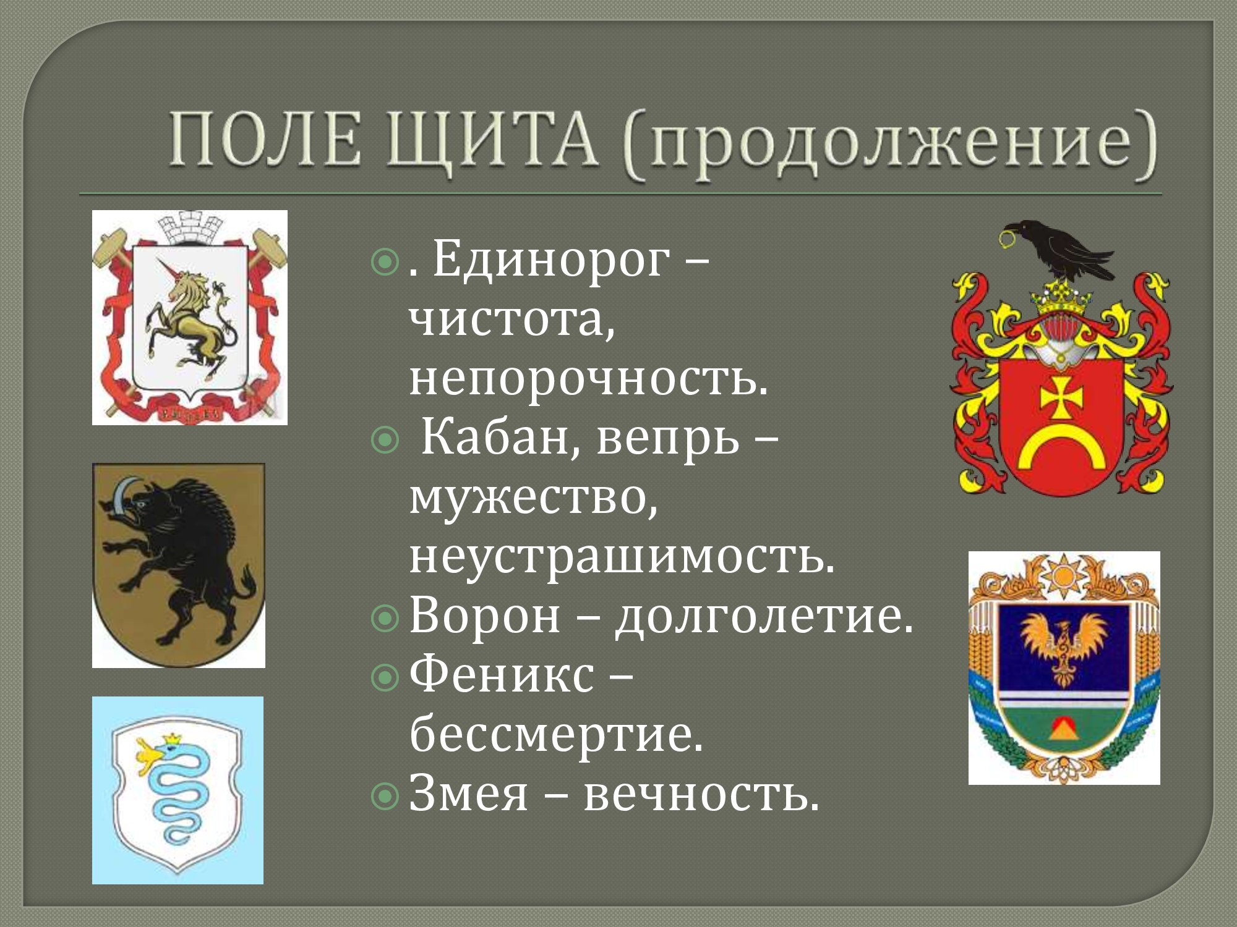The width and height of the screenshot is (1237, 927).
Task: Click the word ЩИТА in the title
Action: (493, 141)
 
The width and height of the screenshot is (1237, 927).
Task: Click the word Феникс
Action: (501, 675)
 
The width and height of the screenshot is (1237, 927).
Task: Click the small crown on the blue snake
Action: (171, 739)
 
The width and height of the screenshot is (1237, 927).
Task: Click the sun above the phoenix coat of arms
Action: (1063, 575)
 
